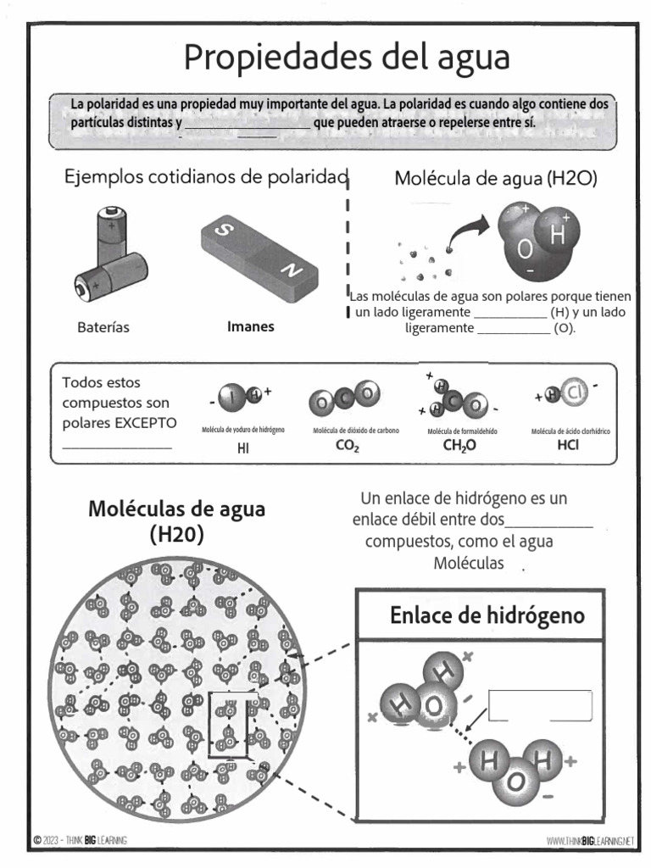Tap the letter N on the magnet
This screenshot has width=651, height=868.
tap(291, 270)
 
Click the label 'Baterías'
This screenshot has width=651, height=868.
tap(103, 328)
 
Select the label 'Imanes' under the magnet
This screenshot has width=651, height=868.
tap(251, 326)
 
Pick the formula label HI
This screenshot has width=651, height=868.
tap(243, 449)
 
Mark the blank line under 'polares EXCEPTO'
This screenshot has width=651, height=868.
tap(118, 446)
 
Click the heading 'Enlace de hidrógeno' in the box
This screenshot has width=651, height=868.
tap(487, 615)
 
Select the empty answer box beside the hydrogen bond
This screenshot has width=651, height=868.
tap(540, 705)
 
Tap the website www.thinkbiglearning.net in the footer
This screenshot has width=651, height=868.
tap(591, 841)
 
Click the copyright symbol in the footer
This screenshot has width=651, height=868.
tap(37, 840)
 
